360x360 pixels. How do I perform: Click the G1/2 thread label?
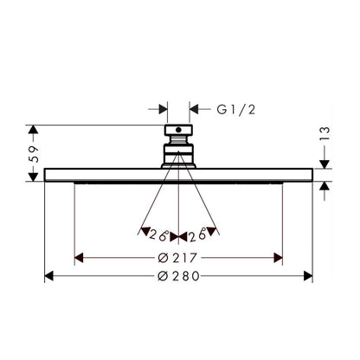236,110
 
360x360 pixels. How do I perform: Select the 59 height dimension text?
35,154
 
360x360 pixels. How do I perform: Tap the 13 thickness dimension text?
325,134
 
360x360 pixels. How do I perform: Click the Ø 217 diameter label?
177,258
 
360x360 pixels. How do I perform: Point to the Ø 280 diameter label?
178,276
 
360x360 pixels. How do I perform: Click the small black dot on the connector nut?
178,130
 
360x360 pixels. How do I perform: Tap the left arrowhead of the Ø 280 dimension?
48,276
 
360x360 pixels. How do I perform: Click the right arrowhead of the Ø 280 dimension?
308,276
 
